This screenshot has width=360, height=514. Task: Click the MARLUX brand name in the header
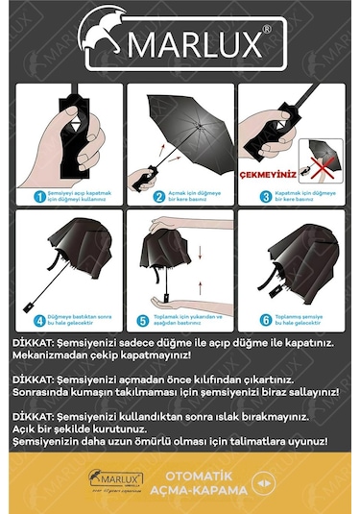pyautogui.click(x=201, y=44)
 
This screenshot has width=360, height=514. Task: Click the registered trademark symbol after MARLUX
pyautogui.click(x=267, y=30)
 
